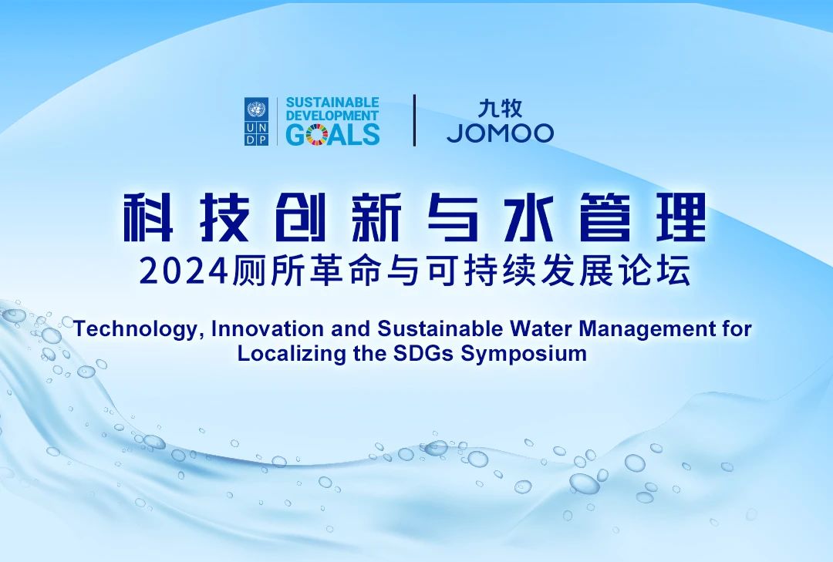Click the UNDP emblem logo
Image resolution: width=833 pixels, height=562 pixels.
click(256, 121)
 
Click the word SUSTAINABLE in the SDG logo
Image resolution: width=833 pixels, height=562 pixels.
click(332, 103)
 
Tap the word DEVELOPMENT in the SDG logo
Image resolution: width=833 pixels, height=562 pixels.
click(332, 116)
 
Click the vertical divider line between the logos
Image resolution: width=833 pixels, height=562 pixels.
click(414, 120)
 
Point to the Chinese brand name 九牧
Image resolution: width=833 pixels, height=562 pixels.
click(500, 109)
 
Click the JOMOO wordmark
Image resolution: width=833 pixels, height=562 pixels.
click(500, 133)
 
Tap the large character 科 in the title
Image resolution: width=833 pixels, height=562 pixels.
click(148, 217)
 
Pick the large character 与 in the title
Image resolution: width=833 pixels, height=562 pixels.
click(453, 217)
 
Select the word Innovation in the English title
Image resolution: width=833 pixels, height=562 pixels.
click(268, 329)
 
